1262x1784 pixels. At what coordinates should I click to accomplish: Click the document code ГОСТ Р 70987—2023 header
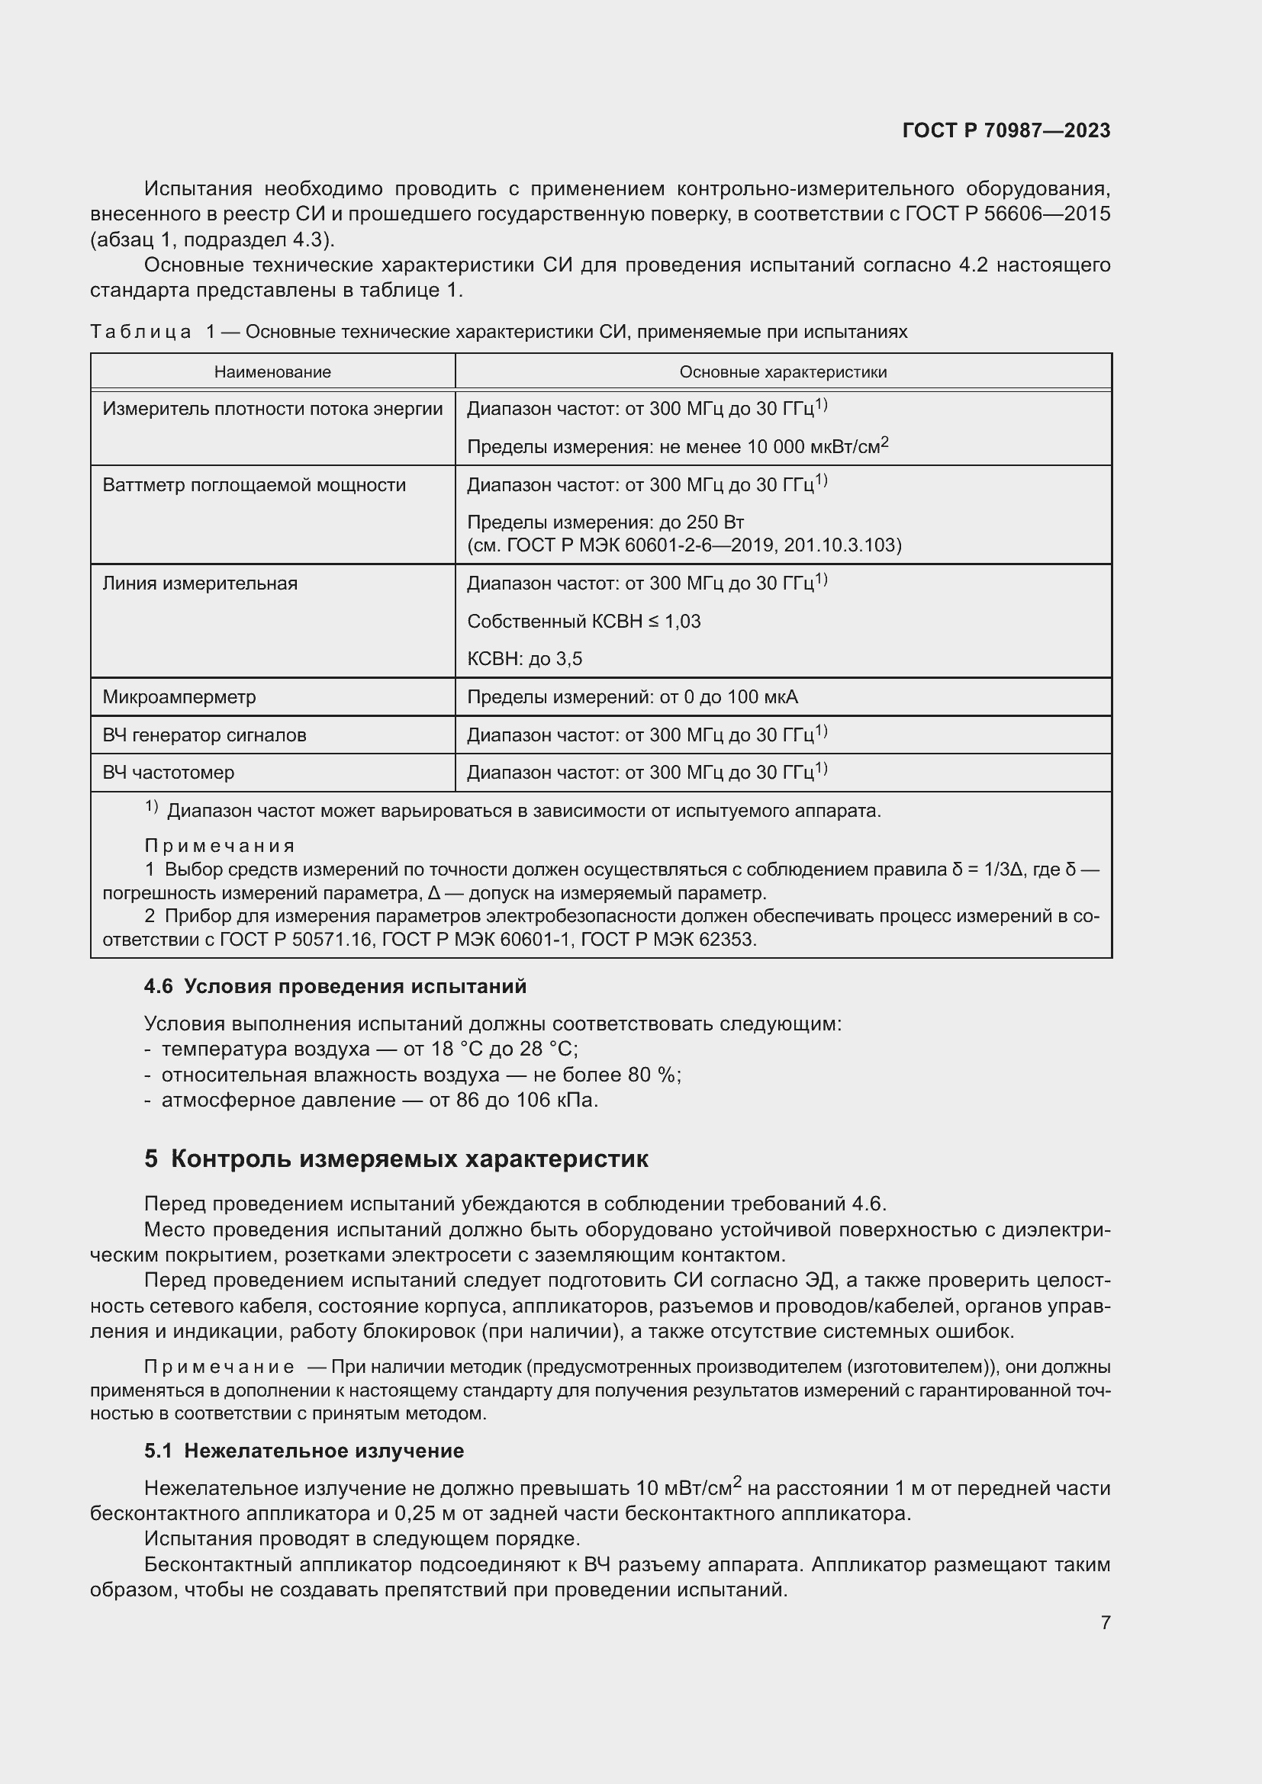[x=1006, y=130]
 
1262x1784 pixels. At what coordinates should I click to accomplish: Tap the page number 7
[x=1105, y=1622]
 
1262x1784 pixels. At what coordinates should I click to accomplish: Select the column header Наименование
[x=272, y=372]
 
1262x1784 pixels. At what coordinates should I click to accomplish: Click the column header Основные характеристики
[x=783, y=372]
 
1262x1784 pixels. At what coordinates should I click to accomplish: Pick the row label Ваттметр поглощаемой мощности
[x=254, y=486]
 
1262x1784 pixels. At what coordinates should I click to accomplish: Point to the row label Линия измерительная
[x=200, y=583]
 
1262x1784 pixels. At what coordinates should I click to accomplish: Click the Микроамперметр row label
[x=179, y=697]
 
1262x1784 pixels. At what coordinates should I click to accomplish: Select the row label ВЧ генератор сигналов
[x=204, y=735]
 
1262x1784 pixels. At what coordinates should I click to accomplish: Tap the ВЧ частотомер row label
[x=169, y=773]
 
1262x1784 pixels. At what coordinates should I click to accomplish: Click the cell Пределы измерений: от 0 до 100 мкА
[x=632, y=697]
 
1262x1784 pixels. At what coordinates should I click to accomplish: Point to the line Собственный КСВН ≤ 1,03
[x=584, y=622]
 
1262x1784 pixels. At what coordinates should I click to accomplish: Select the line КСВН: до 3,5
[x=523, y=660]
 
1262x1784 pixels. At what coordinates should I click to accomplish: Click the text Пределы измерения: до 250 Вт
[x=605, y=522]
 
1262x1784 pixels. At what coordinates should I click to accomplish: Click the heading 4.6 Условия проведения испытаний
[x=335, y=987]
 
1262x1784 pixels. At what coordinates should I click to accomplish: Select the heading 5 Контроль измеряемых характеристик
[x=396, y=1159]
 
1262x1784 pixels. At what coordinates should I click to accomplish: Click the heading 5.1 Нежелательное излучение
[x=304, y=1451]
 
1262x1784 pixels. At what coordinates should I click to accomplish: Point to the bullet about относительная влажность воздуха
[x=420, y=1075]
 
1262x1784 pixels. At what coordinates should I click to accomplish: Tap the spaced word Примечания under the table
[x=220, y=845]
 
